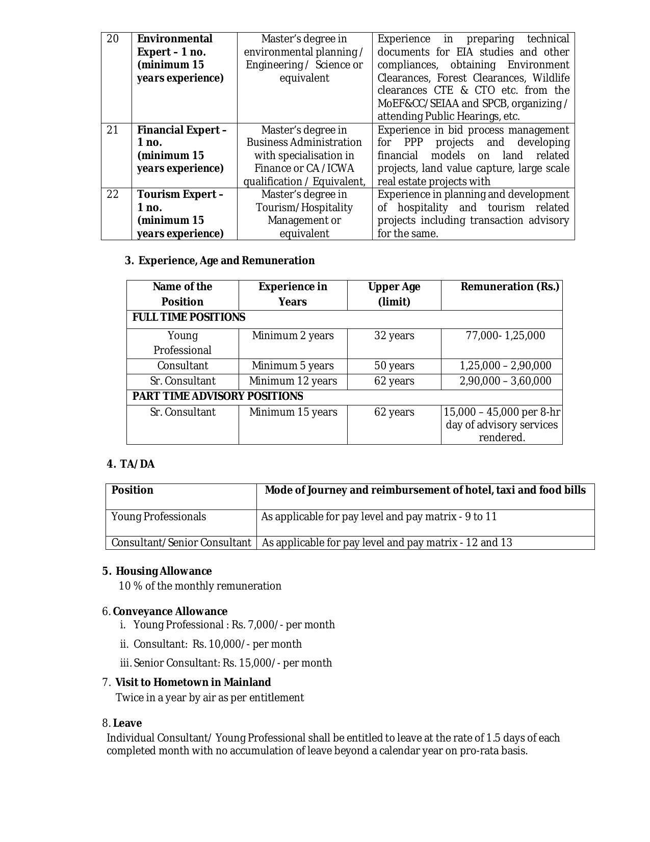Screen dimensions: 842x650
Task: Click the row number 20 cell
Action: pyautogui.click(x=113, y=39)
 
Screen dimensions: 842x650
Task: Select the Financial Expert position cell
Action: pyautogui.click(x=181, y=149)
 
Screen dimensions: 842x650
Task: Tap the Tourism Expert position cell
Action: pyautogui.click(x=180, y=214)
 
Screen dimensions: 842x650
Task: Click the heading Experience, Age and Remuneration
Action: pyautogui.click(x=226, y=261)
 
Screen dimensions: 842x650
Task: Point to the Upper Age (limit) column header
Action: pyautogui.click(x=394, y=294)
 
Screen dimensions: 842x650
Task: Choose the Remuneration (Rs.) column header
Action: pyautogui.click(x=509, y=287)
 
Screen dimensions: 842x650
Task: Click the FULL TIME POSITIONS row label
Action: pyautogui.click(x=189, y=318)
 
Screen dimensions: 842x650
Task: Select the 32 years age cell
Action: pyautogui.click(x=394, y=336)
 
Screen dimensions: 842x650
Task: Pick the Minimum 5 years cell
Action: pyautogui.click(x=293, y=366)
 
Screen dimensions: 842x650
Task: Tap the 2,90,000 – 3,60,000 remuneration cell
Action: pyautogui.click(x=505, y=381)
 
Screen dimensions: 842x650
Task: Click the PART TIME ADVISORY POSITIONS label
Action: pyautogui.click(x=218, y=396)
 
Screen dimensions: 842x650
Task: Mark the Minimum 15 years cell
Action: pyautogui.click(x=293, y=412)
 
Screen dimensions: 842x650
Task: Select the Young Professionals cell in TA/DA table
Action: pyautogui.click(x=159, y=517)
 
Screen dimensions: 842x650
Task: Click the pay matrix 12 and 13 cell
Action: pyautogui.click(x=387, y=543)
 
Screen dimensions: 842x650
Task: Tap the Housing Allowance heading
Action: pyautogui.click(x=163, y=571)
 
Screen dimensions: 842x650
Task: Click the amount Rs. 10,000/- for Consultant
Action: pyautogui.click(x=222, y=644)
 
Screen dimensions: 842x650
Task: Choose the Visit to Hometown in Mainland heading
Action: pyautogui.click(x=193, y=682)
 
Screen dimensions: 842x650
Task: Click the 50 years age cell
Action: pyautogui.click(x=394, y=366)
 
